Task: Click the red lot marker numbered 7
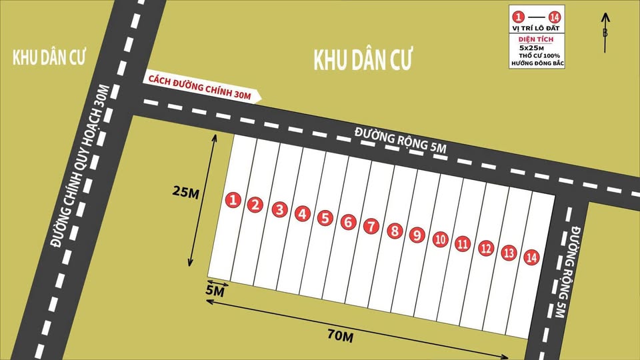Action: coord(371,226)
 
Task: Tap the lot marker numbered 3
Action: coord(280,210)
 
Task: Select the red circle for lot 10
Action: coord(440,239)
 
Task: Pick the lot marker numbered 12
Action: coord(486,249)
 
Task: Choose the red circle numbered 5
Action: coord(325,218)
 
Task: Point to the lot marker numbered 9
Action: coord(416,235)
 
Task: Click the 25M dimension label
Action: coord(186,192)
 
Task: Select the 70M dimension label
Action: coord(340,337)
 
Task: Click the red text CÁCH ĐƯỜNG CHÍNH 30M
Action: coord(200,88)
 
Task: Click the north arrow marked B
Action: coord(605,32)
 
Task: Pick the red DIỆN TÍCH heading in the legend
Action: coord(535,40)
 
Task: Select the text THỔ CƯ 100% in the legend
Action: coord(539,55)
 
